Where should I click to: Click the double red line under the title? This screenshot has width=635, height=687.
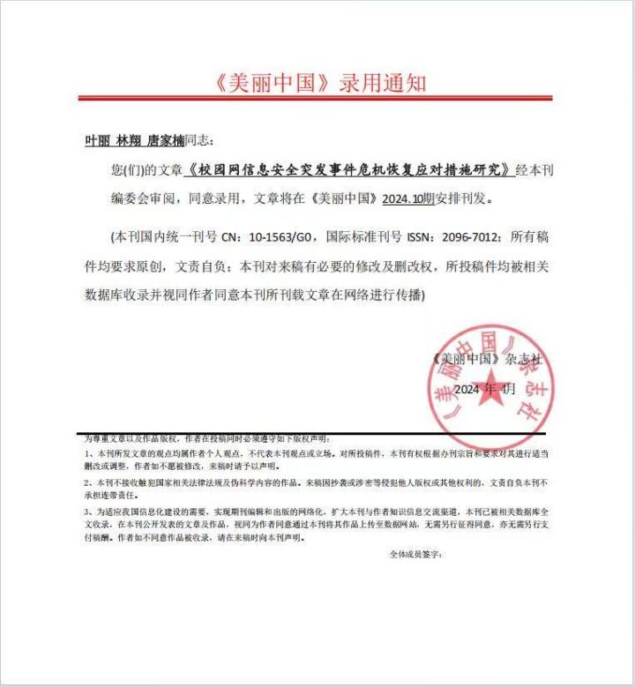click(x=315, y=98)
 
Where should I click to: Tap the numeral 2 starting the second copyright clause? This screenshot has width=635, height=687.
click(x=86, y=483)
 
